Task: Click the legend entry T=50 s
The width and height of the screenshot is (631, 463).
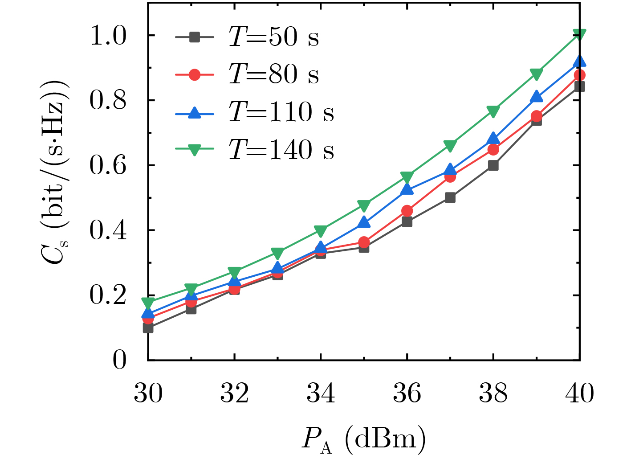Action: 273,37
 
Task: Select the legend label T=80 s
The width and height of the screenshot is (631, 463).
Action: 273,74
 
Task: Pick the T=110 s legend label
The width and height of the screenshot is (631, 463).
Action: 281,112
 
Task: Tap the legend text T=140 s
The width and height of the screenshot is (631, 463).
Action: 281,150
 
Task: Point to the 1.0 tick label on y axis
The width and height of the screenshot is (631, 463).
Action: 108,36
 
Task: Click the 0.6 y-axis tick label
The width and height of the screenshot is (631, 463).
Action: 108,166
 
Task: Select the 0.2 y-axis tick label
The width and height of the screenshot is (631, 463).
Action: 108,295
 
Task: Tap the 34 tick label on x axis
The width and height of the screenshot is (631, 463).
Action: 321,393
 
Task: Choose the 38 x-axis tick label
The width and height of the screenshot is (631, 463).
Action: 493,393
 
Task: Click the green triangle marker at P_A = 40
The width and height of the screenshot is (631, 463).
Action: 579,34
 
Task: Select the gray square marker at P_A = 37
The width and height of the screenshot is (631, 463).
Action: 450,197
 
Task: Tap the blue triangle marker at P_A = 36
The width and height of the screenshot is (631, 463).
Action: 407,189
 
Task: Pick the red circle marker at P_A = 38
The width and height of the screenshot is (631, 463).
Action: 493,149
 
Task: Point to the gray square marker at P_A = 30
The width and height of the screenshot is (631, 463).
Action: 148,328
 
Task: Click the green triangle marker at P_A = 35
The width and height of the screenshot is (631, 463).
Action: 364,205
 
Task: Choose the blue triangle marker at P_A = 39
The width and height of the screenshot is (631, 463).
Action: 536,96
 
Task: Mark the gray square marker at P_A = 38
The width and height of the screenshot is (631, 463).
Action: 493,165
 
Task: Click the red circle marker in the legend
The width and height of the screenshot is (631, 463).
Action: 194,74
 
